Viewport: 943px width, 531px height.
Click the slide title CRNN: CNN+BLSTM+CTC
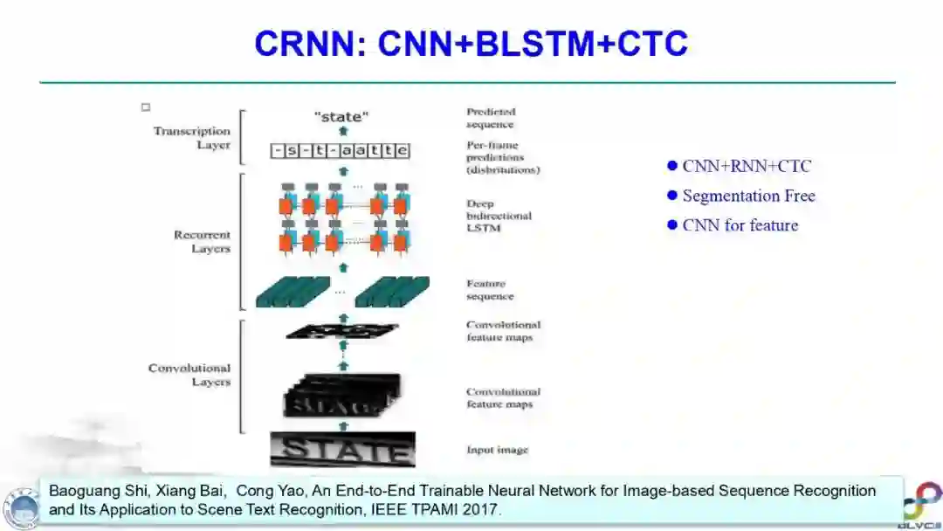click(x=471, y=43)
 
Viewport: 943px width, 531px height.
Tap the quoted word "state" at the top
click(x=341, y=115)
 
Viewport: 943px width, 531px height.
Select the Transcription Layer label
click(x=192, y=138)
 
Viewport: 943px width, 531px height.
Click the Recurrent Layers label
click(x=202, y=242)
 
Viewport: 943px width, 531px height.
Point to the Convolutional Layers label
click(x=189, y=375)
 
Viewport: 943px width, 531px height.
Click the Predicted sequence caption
click(x=491, y=118)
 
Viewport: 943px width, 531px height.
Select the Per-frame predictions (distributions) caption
click(x=502, y=157)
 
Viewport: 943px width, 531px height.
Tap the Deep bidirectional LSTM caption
click(x=499, y=216)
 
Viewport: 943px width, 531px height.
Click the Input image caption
click(x=497, y=451)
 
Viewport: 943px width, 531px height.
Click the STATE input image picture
click(x=342, y=450)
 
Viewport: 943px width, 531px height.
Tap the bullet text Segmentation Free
click(x=748, y=196)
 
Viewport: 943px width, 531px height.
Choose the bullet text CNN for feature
click(x=740, y=225)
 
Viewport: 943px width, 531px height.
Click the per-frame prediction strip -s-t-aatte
click(x=341, y=151)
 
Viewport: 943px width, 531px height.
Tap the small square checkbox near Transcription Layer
click(x=146, y=107)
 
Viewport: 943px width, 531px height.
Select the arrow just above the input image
click(x=343, y=426)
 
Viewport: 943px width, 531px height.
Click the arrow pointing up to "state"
click(x=343, y=131)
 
